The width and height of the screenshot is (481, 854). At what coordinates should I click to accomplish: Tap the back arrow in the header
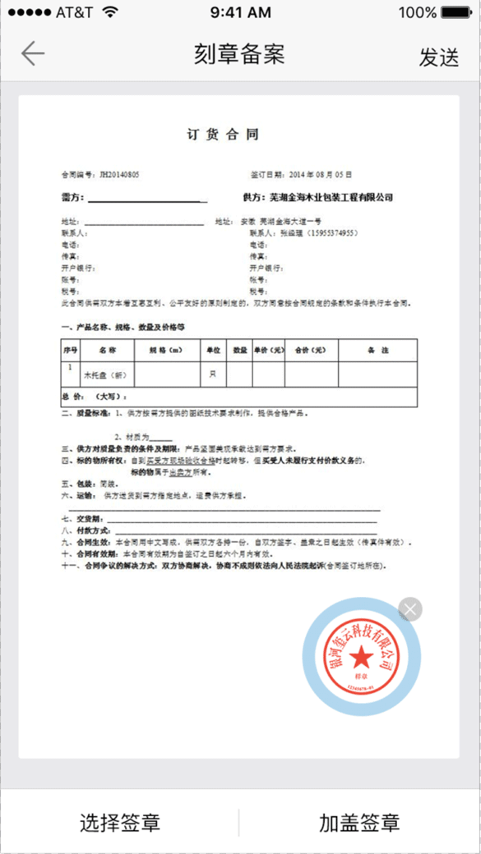(x=33, y=54)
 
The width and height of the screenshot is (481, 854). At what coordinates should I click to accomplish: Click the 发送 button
(x=438, y=57)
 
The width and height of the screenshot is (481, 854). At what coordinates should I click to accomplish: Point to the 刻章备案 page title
(x=239, y=55)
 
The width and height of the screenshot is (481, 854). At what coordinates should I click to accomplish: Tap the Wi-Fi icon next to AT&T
(x=111, y=12)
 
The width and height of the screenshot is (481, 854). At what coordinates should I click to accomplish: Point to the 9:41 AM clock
(x=240, y=13)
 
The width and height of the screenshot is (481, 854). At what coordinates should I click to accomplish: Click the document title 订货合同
(x=223, y=135)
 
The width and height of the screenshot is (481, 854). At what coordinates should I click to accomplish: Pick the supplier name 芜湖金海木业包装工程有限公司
(x=331, y=198)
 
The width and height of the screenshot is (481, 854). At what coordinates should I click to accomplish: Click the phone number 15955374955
(x=328, y=233)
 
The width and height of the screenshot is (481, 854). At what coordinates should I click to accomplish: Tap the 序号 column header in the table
(x=70, y=351)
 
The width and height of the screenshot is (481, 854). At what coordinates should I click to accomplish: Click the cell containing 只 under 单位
(x=212, y=374)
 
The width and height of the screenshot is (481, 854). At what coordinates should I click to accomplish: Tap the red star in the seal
(x=360, y=656)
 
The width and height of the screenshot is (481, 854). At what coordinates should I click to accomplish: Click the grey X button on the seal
(x=409, y=608)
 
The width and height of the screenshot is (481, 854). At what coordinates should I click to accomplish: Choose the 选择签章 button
(x=120, y=823)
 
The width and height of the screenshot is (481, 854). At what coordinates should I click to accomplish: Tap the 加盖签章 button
(x=359, y=823)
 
